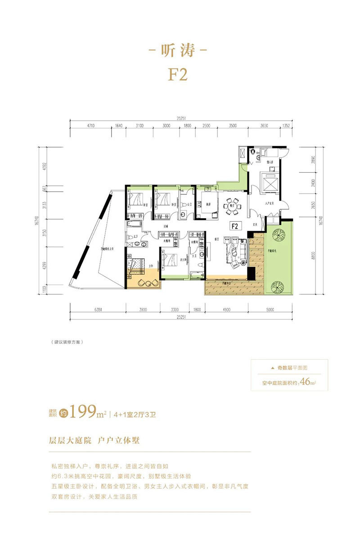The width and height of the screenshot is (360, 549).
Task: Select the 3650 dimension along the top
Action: pos(265,126)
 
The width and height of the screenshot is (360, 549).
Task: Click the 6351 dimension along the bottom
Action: pos(99,310)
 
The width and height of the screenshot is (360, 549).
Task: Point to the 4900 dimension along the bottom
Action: pos(225,310)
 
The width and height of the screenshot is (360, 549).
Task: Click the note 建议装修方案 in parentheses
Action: pos(67,342)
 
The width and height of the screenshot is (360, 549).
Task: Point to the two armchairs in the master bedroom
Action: pos(147,283)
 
